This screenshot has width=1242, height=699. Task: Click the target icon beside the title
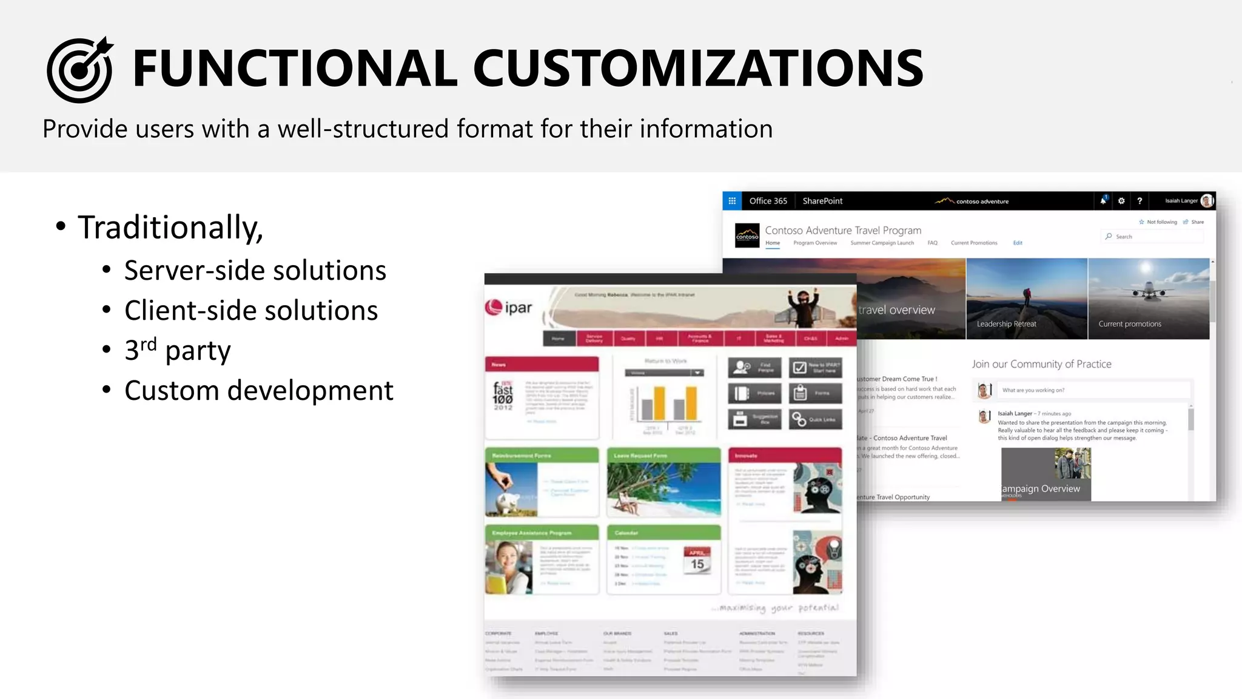click(79, 70)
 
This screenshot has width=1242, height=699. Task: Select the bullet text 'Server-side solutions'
click(255, 271)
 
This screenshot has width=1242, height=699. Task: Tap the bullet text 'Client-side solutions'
click(251, 311)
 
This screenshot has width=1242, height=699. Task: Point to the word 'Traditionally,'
click(170, 228)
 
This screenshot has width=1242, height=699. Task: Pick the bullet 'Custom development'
click(259, 391)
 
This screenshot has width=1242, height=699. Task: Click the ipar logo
click(509, 308)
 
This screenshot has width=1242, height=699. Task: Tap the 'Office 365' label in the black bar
click(768, 201)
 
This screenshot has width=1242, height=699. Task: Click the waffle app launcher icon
click(732, 201)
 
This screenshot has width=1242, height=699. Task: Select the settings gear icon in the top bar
click(1121, 201)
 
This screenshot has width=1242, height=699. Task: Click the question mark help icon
click(1140, 201)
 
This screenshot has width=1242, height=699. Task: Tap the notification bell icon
click(1103, 201)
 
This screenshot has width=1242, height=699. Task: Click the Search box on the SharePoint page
click(1152, 237)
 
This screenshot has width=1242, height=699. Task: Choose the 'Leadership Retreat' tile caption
click(1006, 324)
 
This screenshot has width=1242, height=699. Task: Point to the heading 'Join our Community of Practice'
click(1041, 364)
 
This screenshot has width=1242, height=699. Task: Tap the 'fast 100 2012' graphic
click(503, 396)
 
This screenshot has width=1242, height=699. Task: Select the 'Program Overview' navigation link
click(815, 243)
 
